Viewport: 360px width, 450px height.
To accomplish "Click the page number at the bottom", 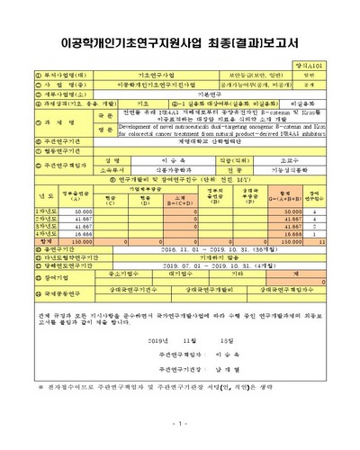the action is [180, 423].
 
